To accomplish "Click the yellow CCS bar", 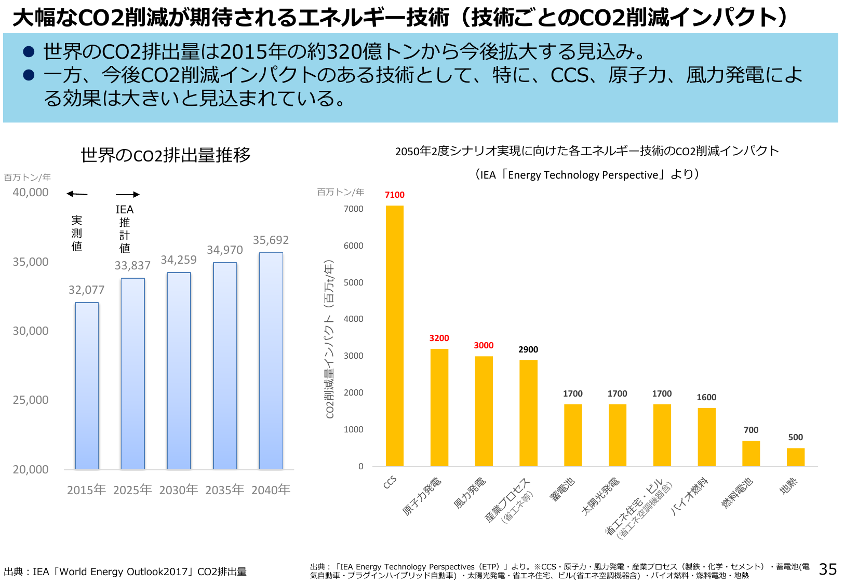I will point(394,336).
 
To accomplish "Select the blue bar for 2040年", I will point(271,361).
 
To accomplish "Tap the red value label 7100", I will point(394,195).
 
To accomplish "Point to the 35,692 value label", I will point(271,240).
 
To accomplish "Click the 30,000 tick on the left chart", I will point(31,331).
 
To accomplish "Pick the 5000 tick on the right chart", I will point(353,282).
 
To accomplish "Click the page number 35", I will point(827,569).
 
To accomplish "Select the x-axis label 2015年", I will point(86,490).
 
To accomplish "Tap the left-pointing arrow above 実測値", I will point(77,194).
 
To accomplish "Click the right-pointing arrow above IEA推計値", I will point(128,195).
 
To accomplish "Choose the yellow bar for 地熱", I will point(795,457).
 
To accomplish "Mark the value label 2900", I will point(528,349).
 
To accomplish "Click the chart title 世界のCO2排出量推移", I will point(166,155).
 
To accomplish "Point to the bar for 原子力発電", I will point(439,408).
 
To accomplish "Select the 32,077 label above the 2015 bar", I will point(86,290).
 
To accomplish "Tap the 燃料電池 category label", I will point(736,493).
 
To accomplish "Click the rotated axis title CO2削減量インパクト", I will point(330,339).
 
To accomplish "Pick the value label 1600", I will point(706,397).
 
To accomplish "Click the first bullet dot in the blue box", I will point(29,51).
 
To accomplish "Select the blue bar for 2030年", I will point(179,371).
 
